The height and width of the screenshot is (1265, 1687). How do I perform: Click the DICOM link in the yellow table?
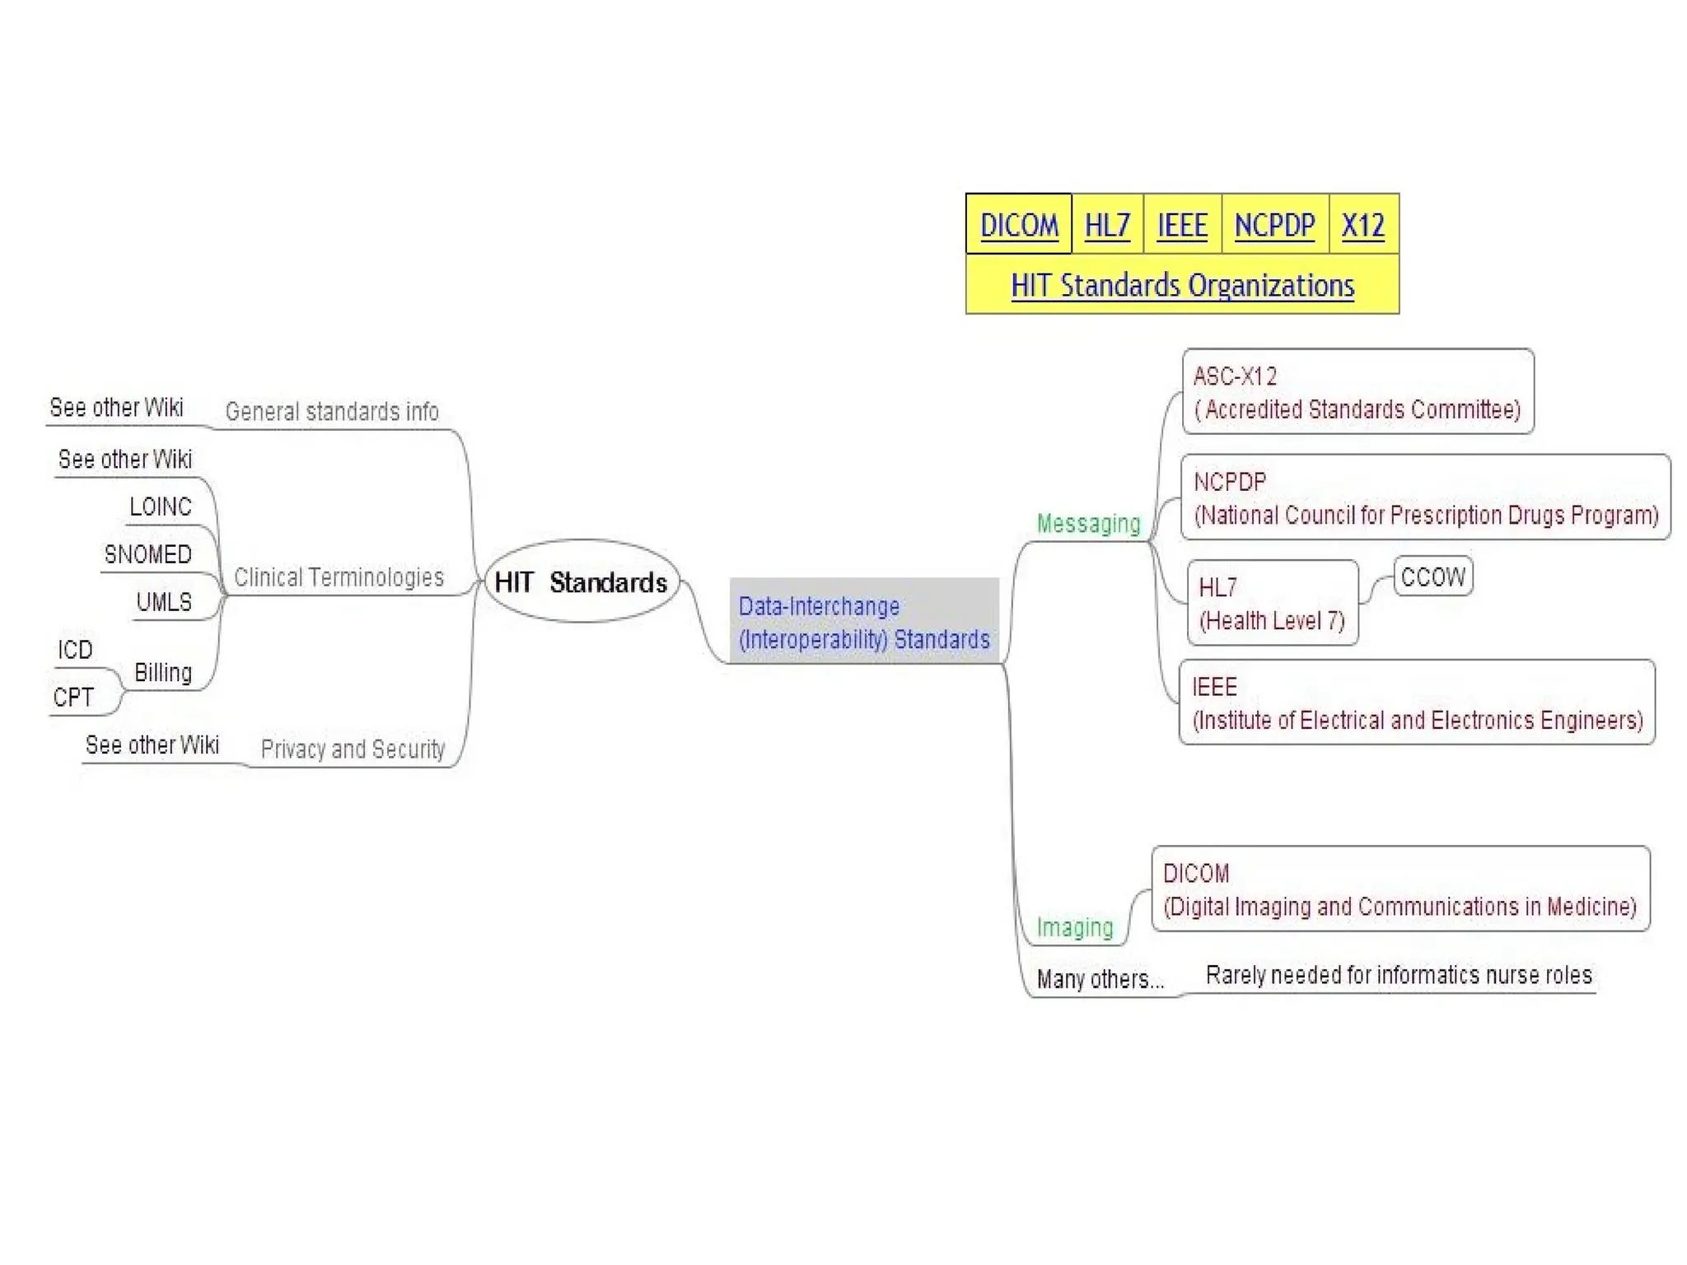coord(1019,225)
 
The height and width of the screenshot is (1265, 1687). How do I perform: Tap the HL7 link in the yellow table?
coord(1107,225)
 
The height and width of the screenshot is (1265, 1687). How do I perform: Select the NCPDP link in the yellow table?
coord(1274,225)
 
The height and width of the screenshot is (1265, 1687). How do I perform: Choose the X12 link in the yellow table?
coord(1362,225)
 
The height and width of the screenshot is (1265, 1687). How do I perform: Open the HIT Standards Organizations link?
coord(1182,285)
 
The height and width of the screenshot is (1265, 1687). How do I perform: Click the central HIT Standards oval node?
coord(582,581)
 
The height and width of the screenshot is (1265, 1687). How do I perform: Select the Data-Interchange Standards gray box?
coord(864,622)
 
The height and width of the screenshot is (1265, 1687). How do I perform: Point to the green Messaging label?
coord(1088,524)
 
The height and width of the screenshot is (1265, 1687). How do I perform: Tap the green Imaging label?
coord(1074,927)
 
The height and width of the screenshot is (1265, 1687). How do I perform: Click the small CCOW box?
coord(1433,576)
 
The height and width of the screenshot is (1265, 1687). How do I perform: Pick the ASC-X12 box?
coord(1358,392)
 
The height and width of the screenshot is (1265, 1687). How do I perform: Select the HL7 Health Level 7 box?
coord(1272,604)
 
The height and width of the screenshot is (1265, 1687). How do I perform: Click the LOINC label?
coord(161,506)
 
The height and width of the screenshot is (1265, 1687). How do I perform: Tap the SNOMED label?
coord(147,554)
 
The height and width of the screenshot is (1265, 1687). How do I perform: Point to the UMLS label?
coord(164,602)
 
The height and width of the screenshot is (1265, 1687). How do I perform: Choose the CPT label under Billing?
coord(73,698)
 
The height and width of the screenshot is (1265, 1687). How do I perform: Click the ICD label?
coord(75,650)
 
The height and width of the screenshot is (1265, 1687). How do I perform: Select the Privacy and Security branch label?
coord(353,749)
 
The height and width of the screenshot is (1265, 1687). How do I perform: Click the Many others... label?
coord(1100,979)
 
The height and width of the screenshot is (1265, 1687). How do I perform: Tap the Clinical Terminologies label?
coord(339,577)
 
